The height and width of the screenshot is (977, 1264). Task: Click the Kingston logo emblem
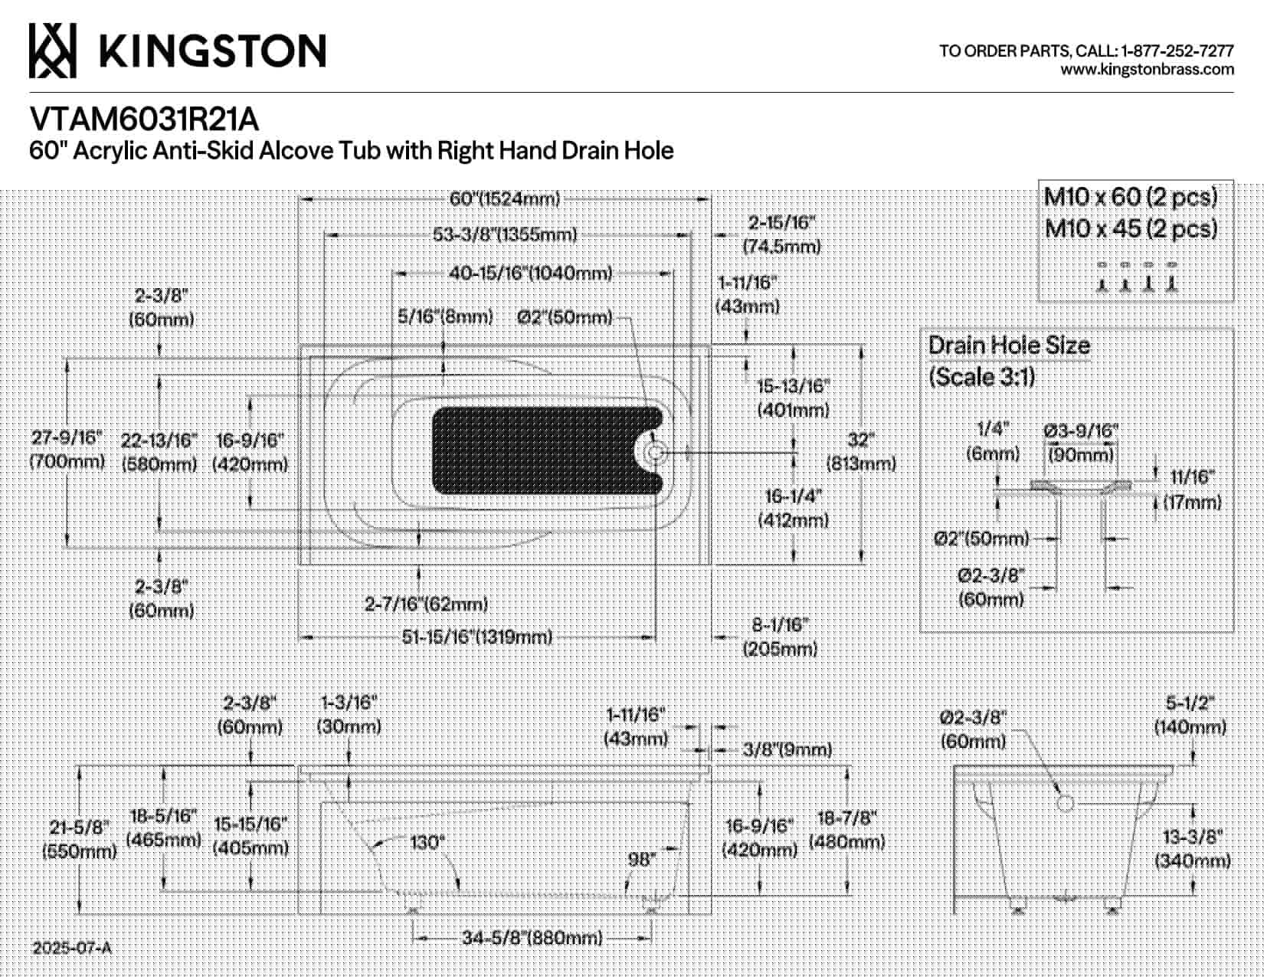[52, 51]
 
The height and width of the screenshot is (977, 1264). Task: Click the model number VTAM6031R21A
[144, 120]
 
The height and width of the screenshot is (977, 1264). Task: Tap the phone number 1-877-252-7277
[1177, 51]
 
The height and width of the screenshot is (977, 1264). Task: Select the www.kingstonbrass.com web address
[1147, 70]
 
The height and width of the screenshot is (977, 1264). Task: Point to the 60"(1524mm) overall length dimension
[504, 199]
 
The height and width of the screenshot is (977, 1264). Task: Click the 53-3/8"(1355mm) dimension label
[504, 234]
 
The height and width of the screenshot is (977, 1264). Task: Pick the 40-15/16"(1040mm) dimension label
[530, 273]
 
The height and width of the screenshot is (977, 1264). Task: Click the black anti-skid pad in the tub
[547, 451]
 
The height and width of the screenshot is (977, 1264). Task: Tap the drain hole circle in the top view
[656, 452]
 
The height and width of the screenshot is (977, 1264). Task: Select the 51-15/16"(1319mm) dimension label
[477, 638]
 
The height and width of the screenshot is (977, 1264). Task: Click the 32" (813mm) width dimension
[861, 451]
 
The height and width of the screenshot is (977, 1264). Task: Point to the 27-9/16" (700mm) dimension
[67, 449]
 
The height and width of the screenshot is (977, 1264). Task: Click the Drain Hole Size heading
[1009, 346]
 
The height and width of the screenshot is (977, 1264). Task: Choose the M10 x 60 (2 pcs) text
[1131, 197]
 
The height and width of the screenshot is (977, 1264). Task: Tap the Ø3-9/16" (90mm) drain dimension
[1081, 442]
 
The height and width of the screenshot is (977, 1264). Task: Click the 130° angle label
[427, 842]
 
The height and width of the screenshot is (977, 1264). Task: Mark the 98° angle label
[642, 859]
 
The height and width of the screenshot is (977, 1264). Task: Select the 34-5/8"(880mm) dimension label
[532, 938]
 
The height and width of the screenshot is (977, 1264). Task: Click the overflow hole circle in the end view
[1065, 804]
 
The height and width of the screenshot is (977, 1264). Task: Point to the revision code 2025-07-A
[71, 949]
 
